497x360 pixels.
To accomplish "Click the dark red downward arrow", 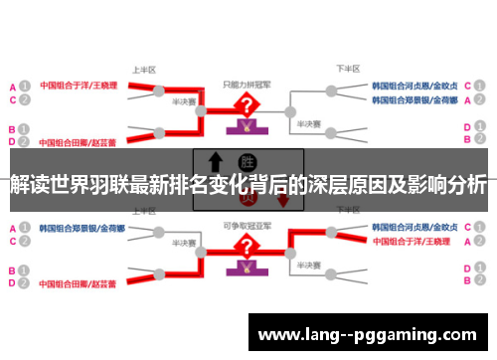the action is click(283, 200).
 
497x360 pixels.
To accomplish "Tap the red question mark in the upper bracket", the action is click(244, 104).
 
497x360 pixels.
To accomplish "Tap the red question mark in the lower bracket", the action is click(244, 246).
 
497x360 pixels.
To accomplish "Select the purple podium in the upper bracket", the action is click(244, 126).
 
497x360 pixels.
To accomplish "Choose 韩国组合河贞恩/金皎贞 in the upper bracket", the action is click(414, 86).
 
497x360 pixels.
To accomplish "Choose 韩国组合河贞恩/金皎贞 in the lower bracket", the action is click(414, 228).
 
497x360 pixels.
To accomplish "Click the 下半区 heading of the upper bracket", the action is click(346, 70).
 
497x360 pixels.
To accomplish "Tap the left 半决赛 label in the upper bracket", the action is click(184, 100).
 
